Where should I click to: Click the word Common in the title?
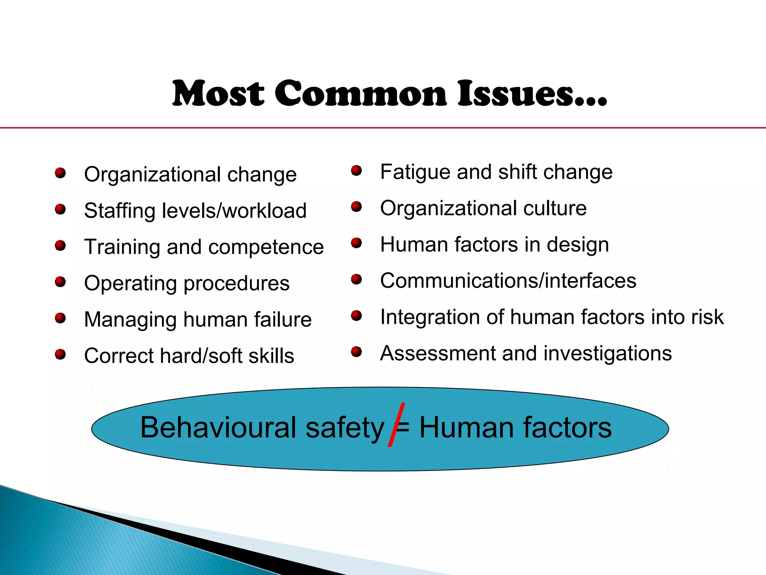tap(361, 94)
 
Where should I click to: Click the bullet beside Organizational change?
tap(60, 173)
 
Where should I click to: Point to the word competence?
tap(266, 247)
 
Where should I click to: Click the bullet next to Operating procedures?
tap(60, 282)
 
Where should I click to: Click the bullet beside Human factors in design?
tap(356, 243)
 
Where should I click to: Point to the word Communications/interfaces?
tap(508, 281)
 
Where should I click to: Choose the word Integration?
tap(430, 317)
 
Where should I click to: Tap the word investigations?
tap(607, 353)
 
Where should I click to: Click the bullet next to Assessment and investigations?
tap(356, 352)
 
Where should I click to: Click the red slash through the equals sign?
tap(396, 425)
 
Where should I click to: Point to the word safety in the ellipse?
tap(344, 428)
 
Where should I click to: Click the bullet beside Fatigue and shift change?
tap(356, 171)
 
